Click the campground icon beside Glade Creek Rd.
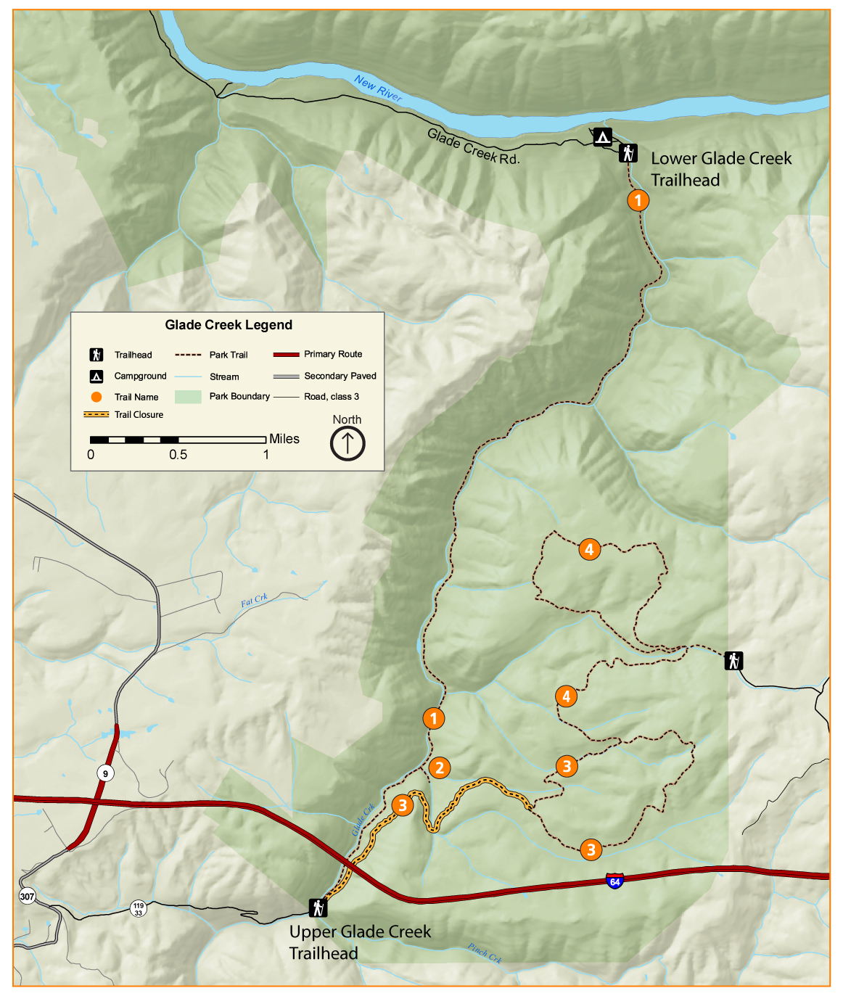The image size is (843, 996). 602,136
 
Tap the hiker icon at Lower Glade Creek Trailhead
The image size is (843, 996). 628,153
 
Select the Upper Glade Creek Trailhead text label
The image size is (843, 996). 360,942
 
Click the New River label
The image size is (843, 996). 378,89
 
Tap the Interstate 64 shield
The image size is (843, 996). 614,881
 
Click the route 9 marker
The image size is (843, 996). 105,773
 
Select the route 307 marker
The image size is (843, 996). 27,896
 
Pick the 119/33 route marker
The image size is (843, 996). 138,908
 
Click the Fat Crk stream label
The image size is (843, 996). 254,601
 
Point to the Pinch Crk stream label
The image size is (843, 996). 485,952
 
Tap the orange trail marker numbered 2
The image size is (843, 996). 439,767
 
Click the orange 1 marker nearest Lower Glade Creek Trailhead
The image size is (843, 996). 638,199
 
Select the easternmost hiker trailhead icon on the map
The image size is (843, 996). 733,661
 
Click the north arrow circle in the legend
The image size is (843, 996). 348,443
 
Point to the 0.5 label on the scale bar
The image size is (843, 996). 178,455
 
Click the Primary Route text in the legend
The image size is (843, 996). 333,354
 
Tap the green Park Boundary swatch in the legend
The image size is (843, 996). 188,397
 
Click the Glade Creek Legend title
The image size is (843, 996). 229,325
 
